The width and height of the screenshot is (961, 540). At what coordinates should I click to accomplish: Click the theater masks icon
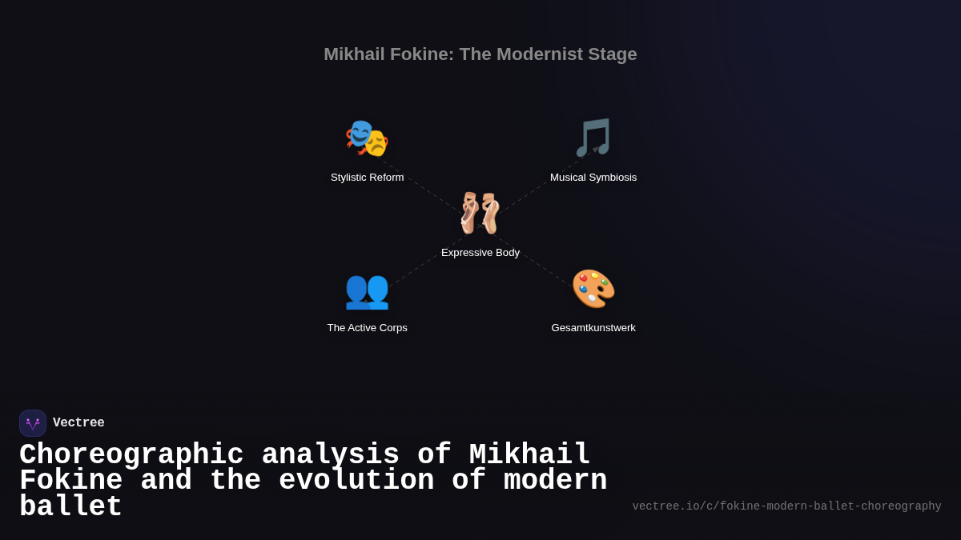click(x=367, y=138)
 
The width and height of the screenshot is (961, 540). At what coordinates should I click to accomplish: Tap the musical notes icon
click(x=593, y=138)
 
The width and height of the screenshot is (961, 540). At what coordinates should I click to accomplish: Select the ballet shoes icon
click(x=480, y=213)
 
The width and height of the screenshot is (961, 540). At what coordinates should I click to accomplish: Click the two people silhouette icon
click(x=367, y=290)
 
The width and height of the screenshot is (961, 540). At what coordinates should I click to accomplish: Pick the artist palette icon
click(x=593, y=289)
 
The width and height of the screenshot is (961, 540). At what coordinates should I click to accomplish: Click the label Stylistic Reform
click(x=367, y=178)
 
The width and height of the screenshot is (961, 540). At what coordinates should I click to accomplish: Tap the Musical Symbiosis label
click(x=593, y=178)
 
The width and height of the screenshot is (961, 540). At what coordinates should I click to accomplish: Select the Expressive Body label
click(x=480, y=253)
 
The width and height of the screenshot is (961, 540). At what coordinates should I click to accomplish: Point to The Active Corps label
click(x=367, y=328)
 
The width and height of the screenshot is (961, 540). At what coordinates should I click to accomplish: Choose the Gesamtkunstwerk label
click(x=593, y=328)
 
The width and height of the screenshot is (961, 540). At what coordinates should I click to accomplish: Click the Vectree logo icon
click(x=33, y=423)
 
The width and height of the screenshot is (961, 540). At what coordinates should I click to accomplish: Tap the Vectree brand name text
click(x=78, y=423)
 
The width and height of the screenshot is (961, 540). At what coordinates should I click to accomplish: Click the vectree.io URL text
click(x=786, y=506)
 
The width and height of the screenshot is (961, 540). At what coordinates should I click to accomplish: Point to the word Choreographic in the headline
click(x=131, y=455)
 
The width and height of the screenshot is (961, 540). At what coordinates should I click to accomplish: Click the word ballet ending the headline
click(x=70, y=507)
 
